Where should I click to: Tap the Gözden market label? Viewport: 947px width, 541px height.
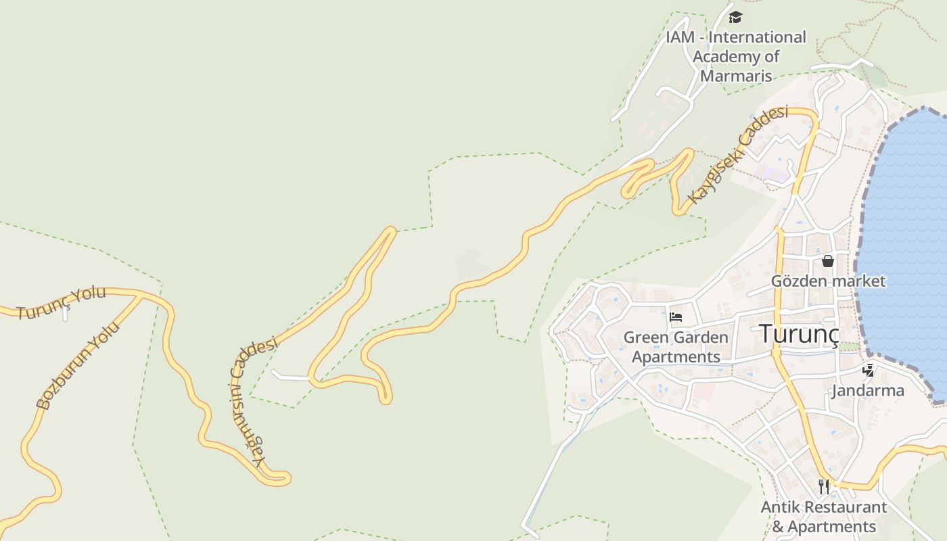[x=828, y=281]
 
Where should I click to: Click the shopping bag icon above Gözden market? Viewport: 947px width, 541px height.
[x=827, y=261]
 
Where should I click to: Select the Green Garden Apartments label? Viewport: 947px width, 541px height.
[x=676, y=347]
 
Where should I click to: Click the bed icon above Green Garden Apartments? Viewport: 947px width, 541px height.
[x=675, y=316]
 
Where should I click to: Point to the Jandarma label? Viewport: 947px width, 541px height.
[x=868, y=390]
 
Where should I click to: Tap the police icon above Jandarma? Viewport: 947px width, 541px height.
[x=869, y=370]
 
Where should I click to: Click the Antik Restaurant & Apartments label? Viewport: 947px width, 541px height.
[x=824, y=517]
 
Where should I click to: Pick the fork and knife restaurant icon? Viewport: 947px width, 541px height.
[x=824, y=486]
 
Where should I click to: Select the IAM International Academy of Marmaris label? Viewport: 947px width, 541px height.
[x=736, y=56]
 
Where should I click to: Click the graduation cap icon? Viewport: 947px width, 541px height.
[x=735, y=18]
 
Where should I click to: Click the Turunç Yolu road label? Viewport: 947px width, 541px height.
[x=62, y=303]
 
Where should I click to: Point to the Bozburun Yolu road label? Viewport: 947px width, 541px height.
[x=78, y=366]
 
